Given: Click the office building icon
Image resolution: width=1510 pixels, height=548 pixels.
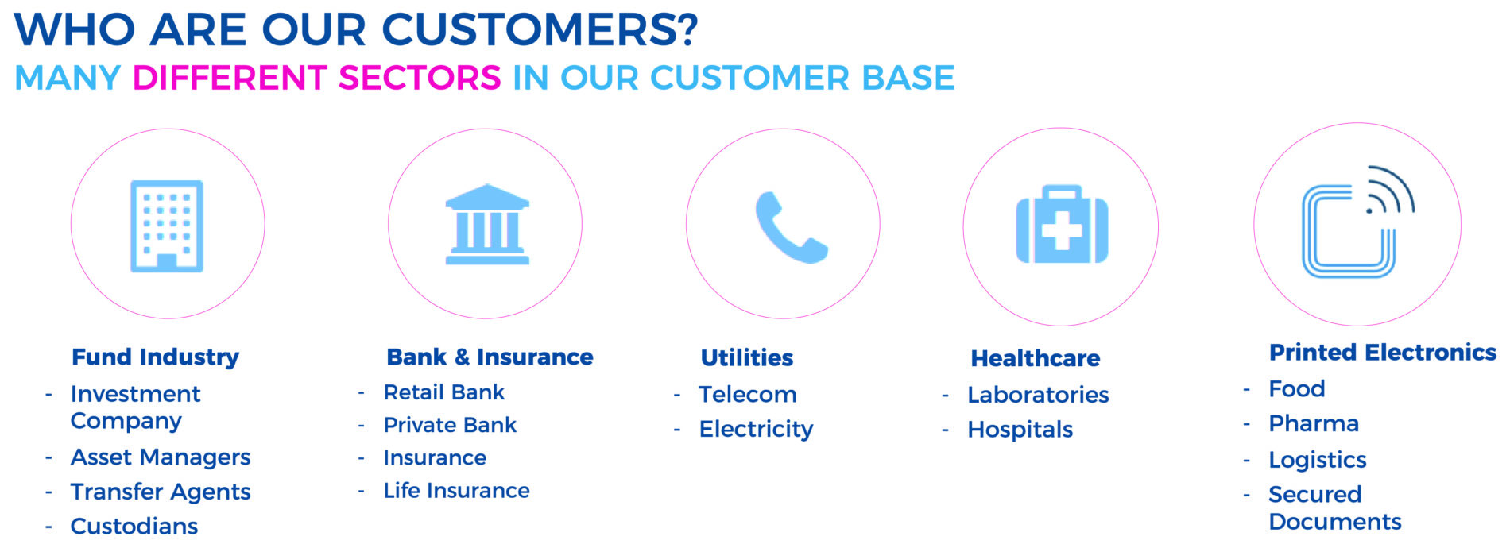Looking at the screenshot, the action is click(x=167, y=226).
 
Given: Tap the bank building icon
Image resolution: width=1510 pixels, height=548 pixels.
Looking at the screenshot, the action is click(x=487, y=225).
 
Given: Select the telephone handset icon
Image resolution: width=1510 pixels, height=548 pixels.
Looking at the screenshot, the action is click(x=791, y=227).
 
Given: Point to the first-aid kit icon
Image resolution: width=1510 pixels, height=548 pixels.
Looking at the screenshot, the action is click(x=1062, y=225).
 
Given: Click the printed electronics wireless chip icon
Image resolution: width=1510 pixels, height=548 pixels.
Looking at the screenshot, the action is click(x=1358, y=222).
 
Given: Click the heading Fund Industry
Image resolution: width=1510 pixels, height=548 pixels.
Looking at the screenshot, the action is click(x=156, y=357).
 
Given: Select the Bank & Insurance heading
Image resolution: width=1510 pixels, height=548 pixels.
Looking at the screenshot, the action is click(x=490, y=357).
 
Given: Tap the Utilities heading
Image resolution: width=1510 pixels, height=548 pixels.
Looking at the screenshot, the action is click(x=747, y=358).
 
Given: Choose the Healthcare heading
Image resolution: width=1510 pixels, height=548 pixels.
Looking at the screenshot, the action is click(x=1036, y=358).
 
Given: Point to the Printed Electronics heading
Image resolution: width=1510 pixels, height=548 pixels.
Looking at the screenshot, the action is click(x=1383, y=352).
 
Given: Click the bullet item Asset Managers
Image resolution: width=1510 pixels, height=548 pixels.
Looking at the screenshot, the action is click(x=161, y=457).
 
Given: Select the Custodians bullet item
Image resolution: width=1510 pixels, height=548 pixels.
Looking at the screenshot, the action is click(x=134, y=526).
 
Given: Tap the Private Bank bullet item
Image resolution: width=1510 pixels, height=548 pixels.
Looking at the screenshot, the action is click(x=450, y=425).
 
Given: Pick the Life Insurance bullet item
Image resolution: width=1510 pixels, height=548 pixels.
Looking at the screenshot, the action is click(x=457, y=491).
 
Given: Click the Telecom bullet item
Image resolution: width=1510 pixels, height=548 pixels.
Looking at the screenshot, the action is click(x=748, y=394).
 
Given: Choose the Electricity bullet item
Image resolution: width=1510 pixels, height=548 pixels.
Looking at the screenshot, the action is click(x=757, y=429).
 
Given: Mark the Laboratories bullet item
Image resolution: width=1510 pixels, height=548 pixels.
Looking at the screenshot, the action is click(x=1038, y=395).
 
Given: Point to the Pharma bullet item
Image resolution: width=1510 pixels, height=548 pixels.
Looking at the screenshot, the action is click(x=1314, y=423).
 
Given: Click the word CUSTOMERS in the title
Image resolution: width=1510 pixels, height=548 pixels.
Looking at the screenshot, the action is click(x=540, y=29).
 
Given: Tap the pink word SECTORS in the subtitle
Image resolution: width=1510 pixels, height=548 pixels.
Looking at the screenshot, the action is click(x=420, y=78).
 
